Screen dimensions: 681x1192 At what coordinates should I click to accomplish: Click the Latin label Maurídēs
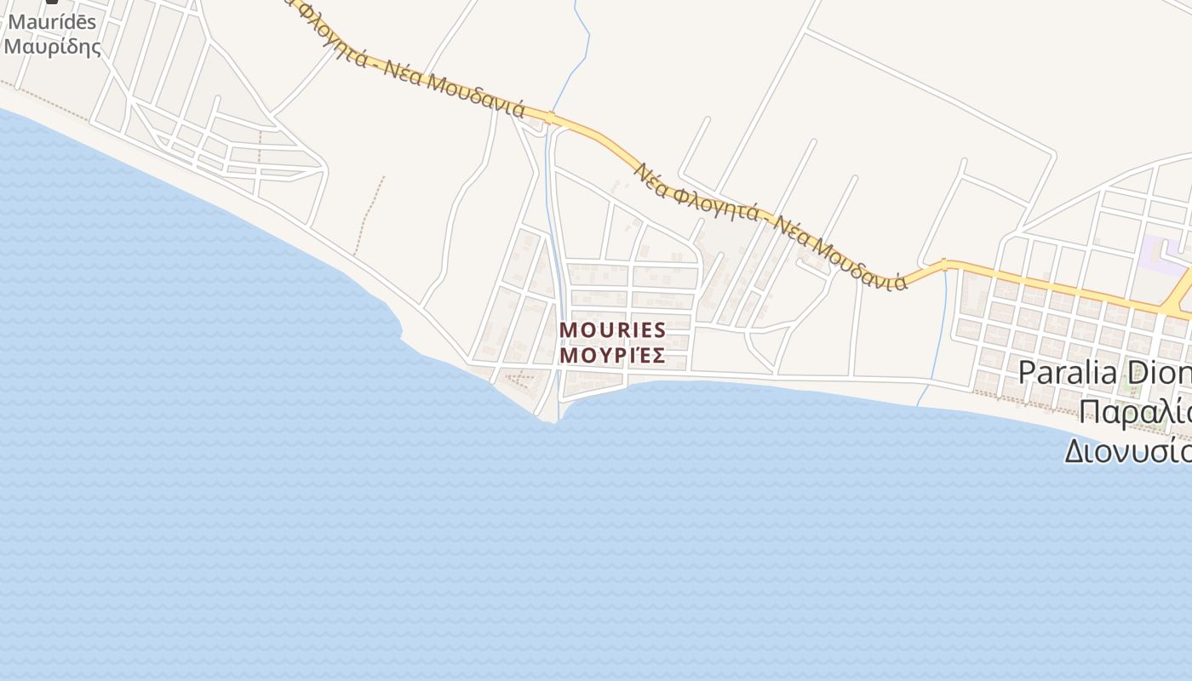(52, 22)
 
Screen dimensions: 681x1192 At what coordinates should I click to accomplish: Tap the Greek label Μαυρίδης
(52, 46)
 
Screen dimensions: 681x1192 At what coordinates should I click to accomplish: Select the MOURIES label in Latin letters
(612, 330)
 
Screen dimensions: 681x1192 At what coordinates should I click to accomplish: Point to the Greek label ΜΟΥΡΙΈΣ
(612, 356)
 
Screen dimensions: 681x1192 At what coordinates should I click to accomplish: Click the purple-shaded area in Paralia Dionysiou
(1161, 253)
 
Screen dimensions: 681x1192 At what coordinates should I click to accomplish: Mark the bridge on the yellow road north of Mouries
(552, 117)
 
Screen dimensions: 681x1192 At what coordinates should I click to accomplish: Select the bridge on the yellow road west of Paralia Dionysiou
(944, 264)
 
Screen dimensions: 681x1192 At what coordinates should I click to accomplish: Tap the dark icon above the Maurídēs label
(52, 2)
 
